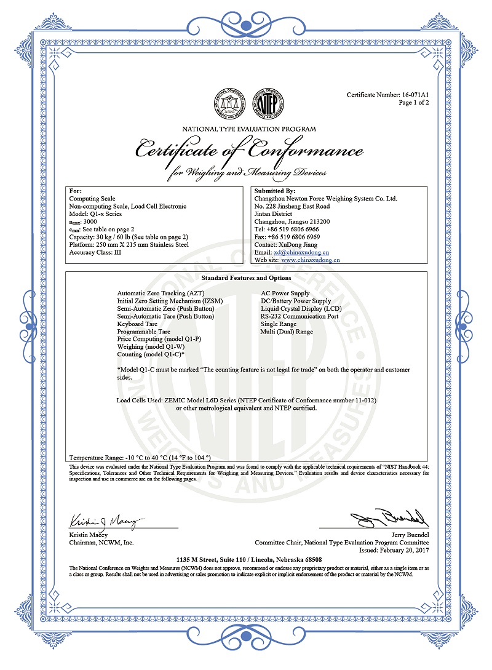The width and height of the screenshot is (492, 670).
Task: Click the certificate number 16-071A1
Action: tap(415, 95)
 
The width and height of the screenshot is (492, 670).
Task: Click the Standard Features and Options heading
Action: tap(246, 278)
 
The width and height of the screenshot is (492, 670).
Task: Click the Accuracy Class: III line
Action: tap(95, 252)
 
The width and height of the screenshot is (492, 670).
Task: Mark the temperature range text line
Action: tap(140, 458)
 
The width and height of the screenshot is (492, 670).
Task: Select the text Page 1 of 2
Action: tap(413, 103)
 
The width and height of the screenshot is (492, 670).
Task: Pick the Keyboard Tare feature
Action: tap(137, 324)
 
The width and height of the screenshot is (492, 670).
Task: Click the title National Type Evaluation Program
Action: tap(249, 129)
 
